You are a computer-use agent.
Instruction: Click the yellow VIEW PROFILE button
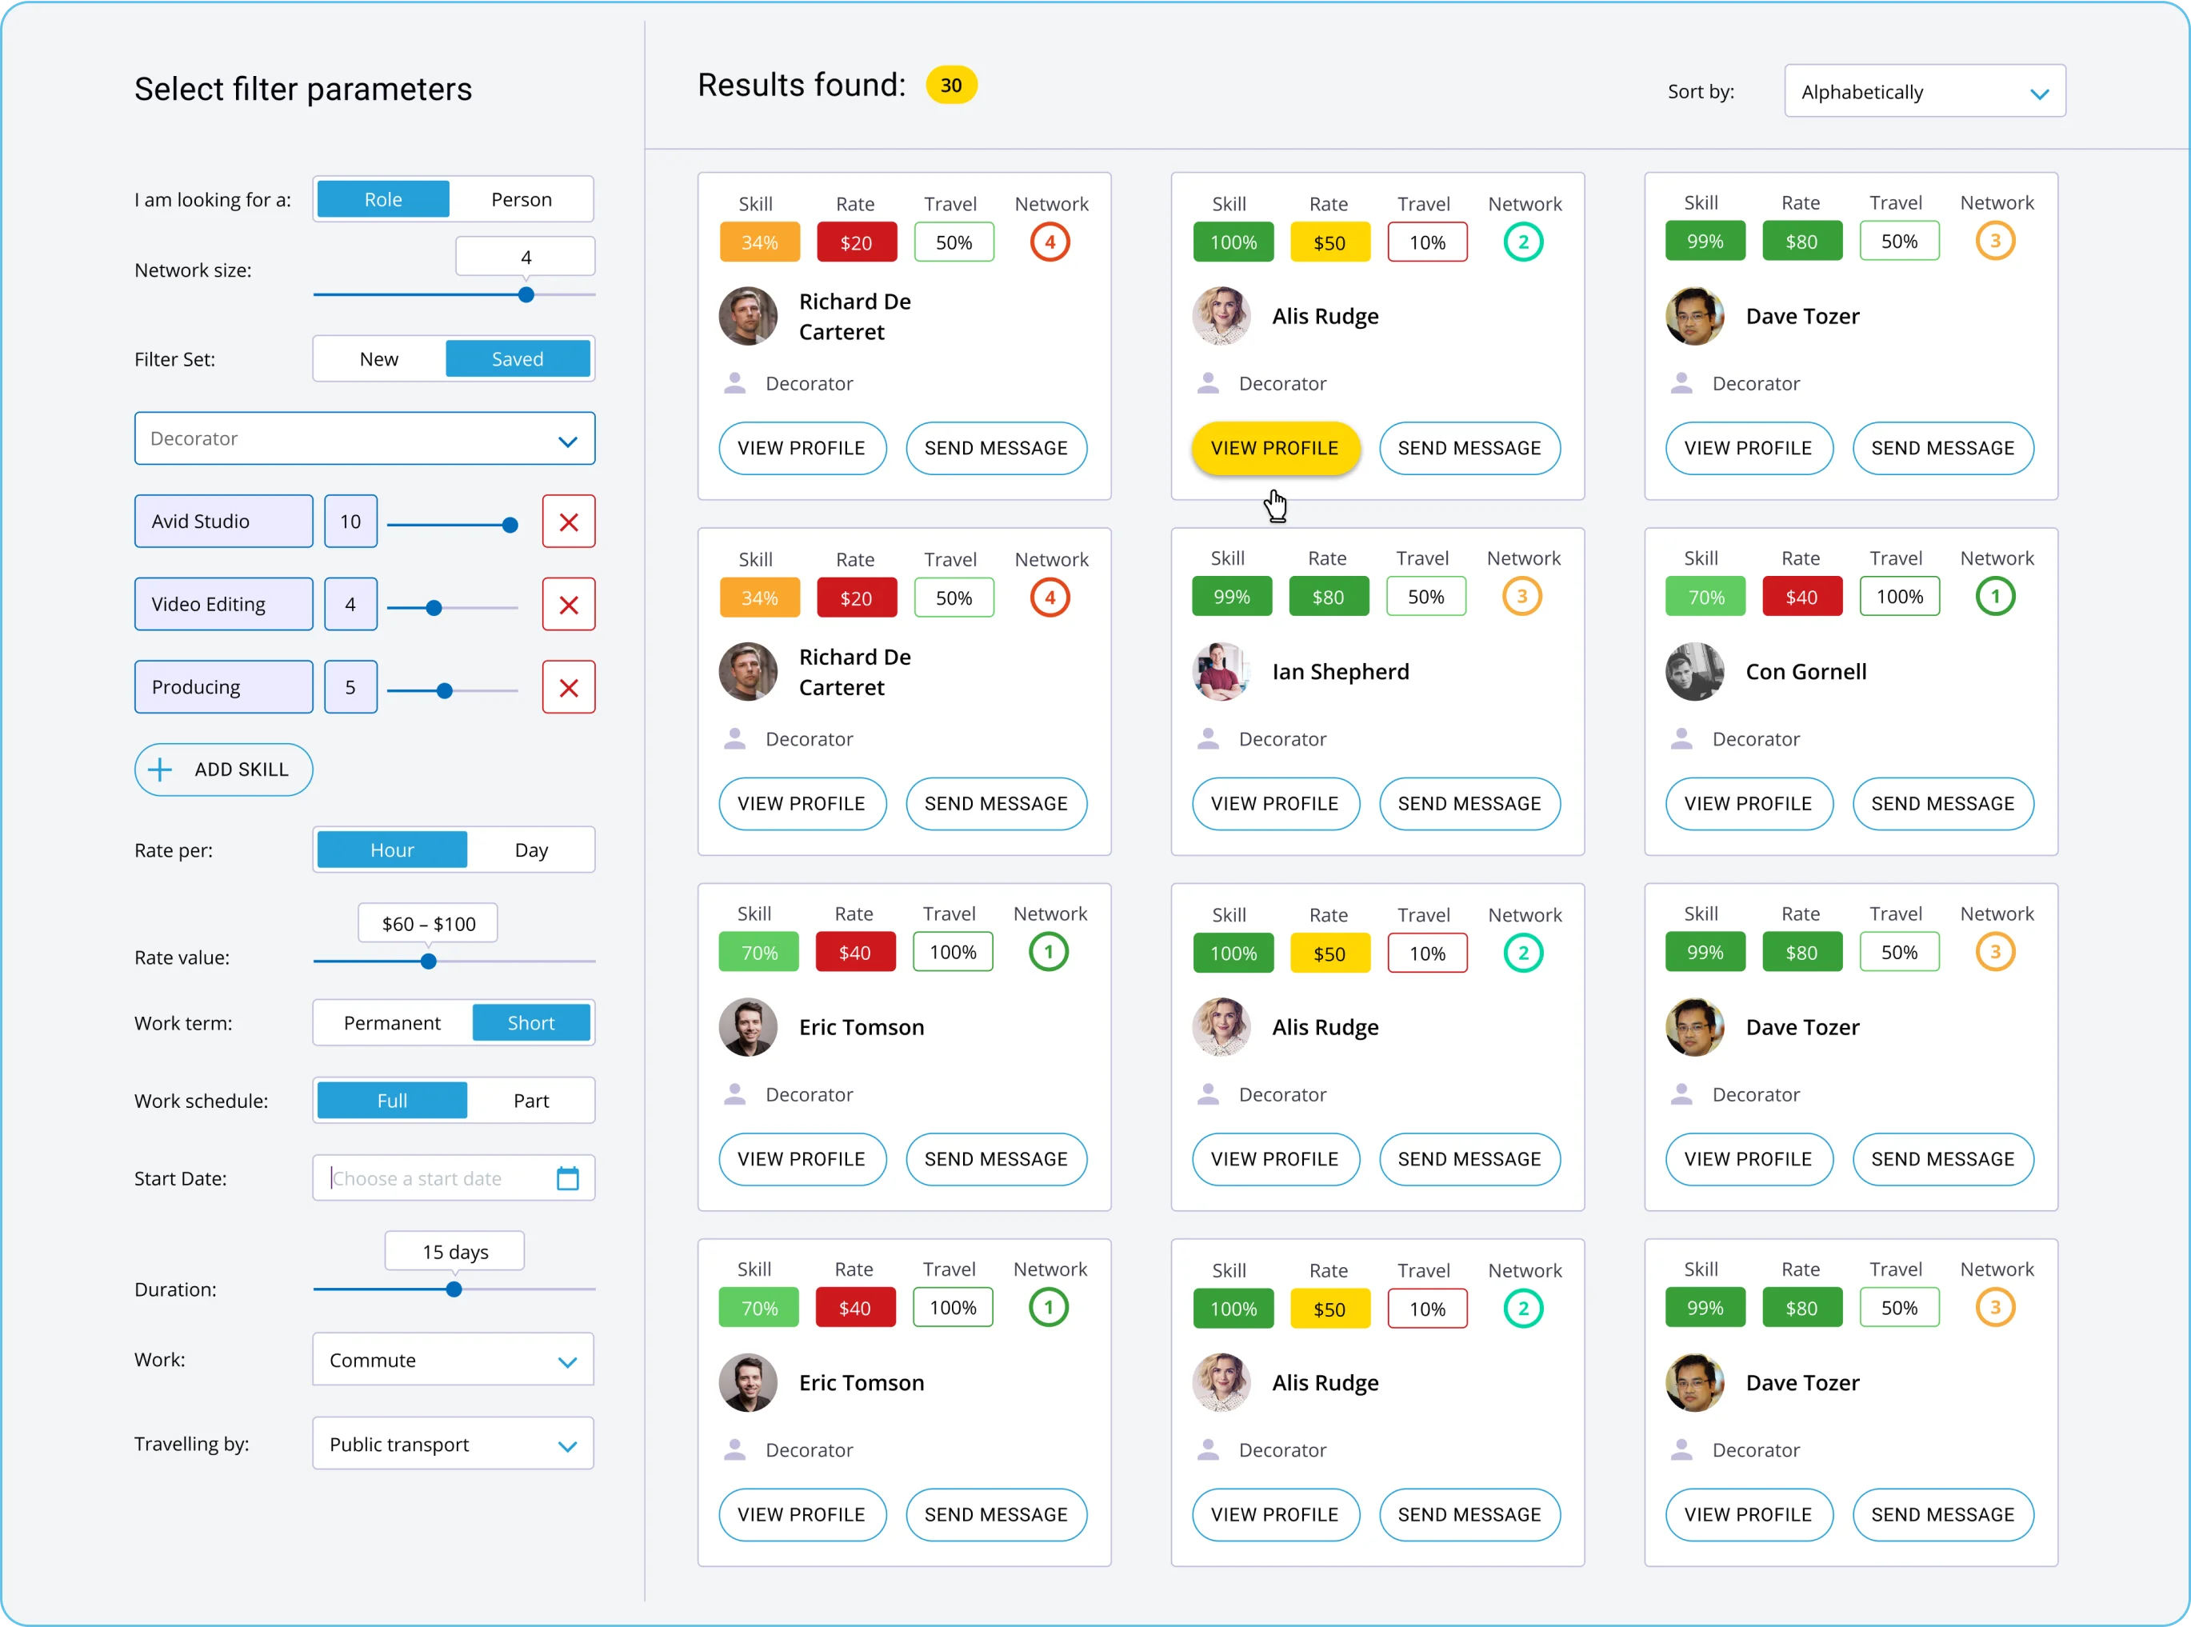1274,448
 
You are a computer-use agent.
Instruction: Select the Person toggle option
521,200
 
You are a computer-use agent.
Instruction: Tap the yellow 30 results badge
950,86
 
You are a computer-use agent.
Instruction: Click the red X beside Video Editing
568,605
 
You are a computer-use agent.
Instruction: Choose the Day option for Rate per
531,850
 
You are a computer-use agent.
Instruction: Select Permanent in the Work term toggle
392,1023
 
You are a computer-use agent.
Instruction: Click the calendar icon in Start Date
568,1178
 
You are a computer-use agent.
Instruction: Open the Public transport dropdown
453,1444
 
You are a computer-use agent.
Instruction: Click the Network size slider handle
526,294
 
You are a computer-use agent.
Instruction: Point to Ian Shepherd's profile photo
1221,672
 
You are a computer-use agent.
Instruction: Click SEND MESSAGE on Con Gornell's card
1942,804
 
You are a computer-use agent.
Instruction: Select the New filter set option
379,359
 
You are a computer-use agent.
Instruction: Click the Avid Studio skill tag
223,521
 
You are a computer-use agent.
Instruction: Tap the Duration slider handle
454,1289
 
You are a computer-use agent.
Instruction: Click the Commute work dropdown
453,1360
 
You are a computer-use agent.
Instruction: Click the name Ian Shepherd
1340,672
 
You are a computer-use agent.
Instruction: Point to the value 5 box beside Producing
350,687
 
